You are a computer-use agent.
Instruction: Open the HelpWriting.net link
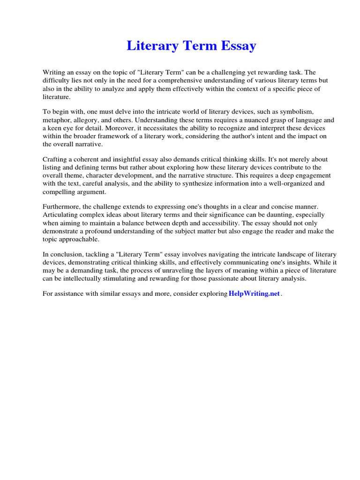coord(254,294)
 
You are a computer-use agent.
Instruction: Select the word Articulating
coord(61,215)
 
